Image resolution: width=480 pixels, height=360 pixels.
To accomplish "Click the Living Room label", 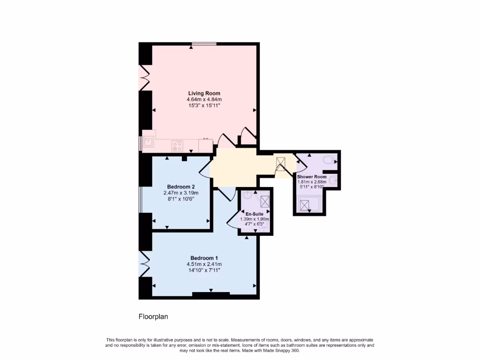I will pos(204,93).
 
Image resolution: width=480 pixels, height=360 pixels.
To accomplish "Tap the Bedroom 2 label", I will pos(181,187).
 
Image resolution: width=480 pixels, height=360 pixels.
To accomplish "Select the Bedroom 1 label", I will pos(204,258).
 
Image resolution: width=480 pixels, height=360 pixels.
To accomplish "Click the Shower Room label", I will pos(312,177).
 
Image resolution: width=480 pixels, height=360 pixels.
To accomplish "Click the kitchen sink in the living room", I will pos(149,142).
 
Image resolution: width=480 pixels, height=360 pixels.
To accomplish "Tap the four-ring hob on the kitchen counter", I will pos(177,145).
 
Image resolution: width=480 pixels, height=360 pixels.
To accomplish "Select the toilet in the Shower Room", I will pos(330,160).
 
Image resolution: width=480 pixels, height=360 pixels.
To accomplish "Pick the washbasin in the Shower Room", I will pos(333,180).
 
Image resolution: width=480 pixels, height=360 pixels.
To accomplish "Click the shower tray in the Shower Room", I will pos(306,205).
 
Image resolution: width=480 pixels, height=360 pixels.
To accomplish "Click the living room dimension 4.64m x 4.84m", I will pos(204,99).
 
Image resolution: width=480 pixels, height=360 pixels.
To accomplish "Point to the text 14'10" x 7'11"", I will pos(204,270).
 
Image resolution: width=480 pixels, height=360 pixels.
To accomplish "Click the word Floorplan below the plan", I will pos(153,317).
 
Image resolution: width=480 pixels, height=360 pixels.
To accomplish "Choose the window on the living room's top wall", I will pos(204,44).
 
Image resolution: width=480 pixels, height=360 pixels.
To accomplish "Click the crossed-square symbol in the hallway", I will pos(281,164).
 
